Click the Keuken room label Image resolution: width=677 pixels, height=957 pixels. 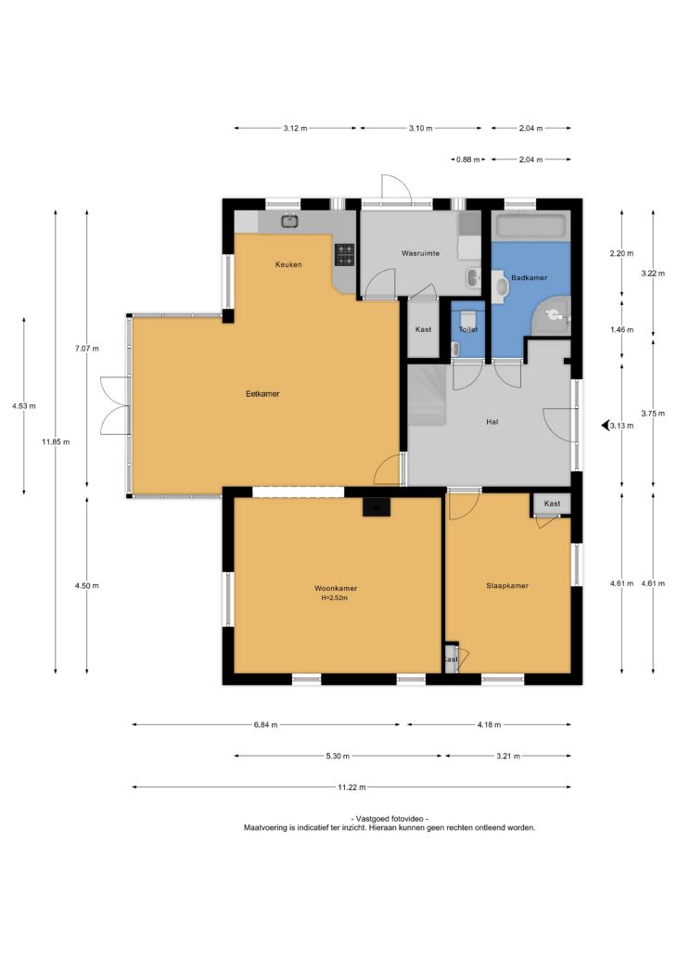[x=288, y=264]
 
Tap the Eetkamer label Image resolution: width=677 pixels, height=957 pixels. [x=262, y=394]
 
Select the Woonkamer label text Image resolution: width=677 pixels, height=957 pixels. [x=336, y=588]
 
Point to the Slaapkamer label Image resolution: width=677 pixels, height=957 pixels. [x=507, y=585]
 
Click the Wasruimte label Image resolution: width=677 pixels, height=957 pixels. [x=421, y=252]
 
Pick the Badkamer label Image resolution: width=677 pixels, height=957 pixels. [x=530, y=277]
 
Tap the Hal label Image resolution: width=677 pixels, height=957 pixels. [x=492, y=422]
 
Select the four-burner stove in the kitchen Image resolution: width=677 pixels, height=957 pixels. [x=344, y=255]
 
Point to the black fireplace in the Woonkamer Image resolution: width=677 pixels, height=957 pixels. [x=376, y=507]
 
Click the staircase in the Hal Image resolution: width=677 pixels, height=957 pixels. [x=427, y=395]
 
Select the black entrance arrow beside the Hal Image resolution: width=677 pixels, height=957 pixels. [x=605, y=426]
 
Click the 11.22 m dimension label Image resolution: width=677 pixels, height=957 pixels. [x=351, y=787]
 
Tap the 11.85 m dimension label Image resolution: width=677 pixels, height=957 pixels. [x=56, y=442]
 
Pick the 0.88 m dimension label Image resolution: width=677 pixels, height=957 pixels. [x=467, y=159]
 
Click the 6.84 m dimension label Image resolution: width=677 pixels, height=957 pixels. [x=265, y=725]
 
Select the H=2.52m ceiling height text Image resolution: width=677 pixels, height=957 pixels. [x=335, y=598]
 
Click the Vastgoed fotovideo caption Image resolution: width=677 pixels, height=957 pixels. [x=390, y=819]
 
